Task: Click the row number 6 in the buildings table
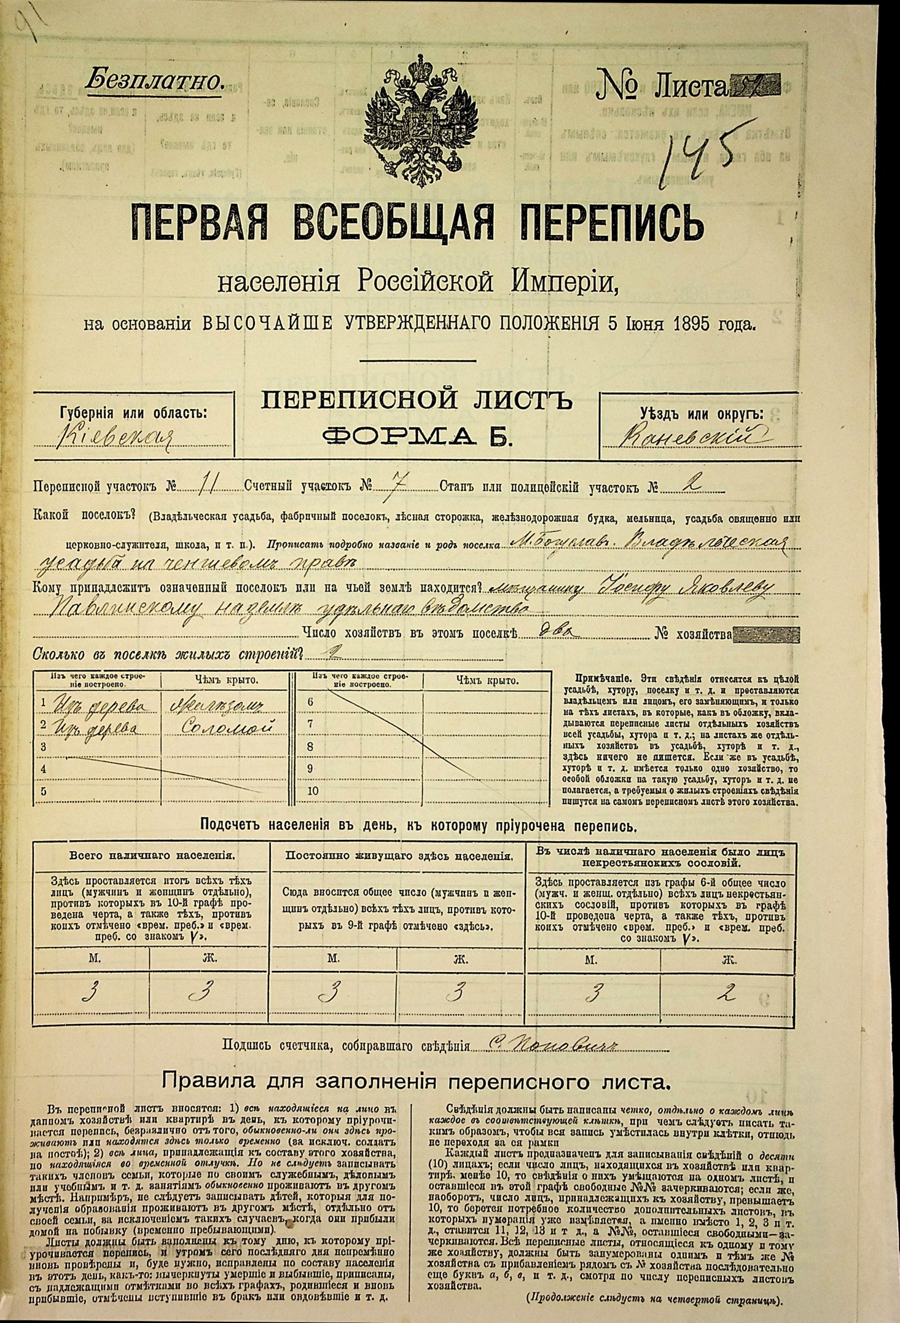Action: (x=310, y=702)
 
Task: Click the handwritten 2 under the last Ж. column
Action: (x=729, y=992)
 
